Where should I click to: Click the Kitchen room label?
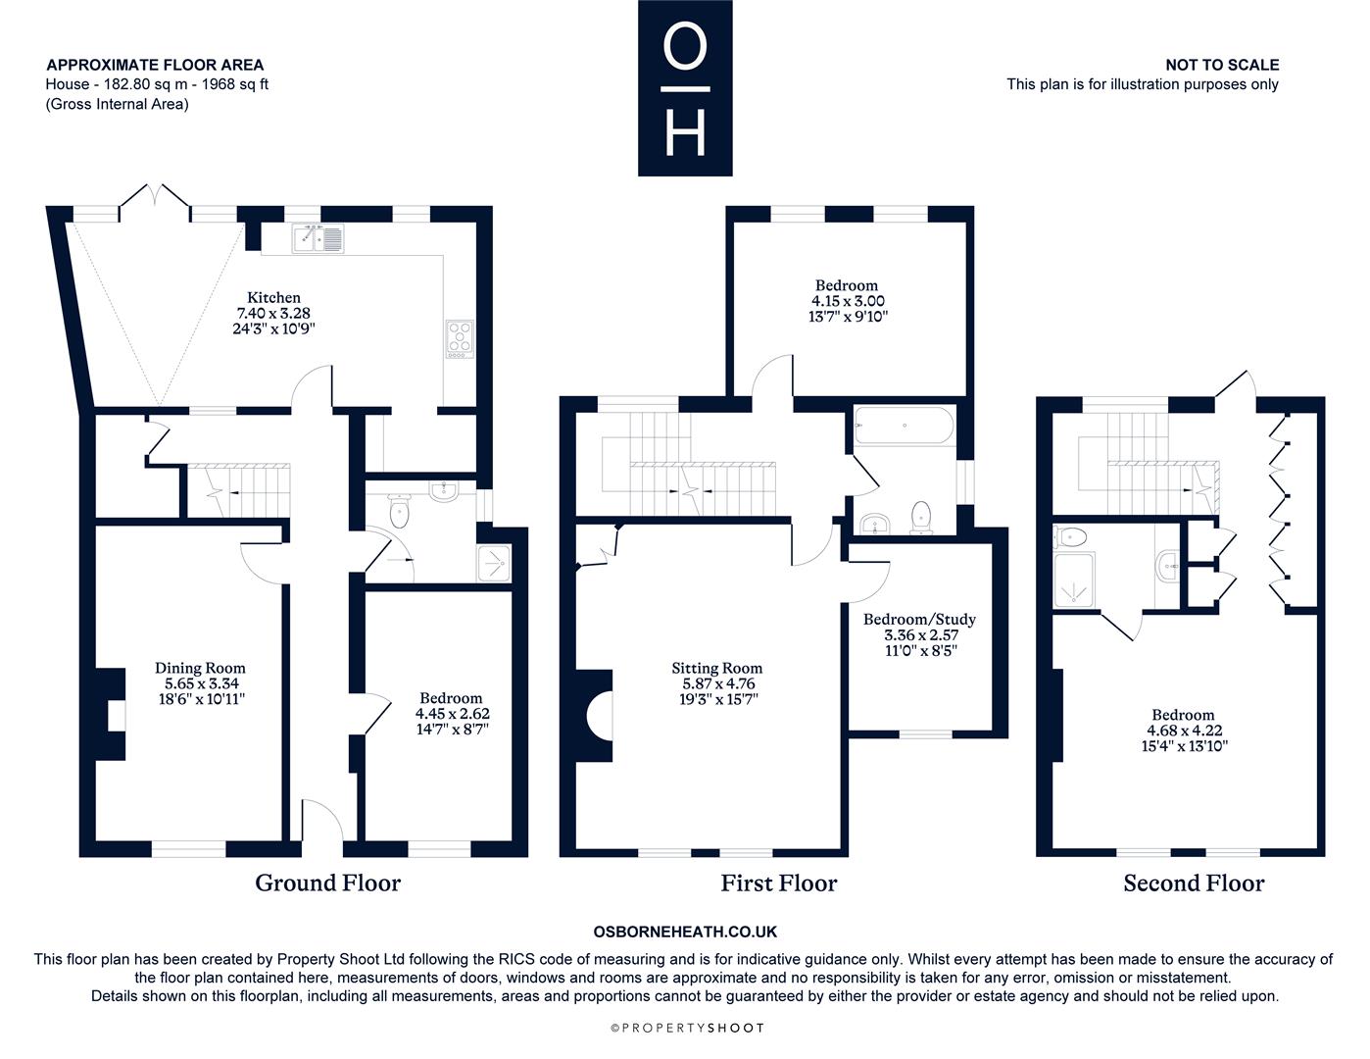pyautogui.click(x=273, y=298)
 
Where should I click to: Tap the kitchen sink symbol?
pyautogui.click(x=318, y=239)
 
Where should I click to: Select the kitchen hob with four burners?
pyautogui.click(x=460, y=339)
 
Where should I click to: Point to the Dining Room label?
pyautogui.click(x=200, y=668)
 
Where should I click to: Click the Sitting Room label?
pyautogui.click(x=716, y=668)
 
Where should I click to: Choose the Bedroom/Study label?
pyautogui.click(x=919, y=620)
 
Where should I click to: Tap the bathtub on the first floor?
pyautogui.click(x=905, y=427)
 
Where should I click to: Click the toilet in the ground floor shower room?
pyautogui.click(x=399, y=512)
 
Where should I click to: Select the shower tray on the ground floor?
pyautogui.click(x=494, y=563)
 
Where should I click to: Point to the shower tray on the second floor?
pyautogui.click(x=1075, y=580)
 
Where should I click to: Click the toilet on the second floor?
pyautogui.click(x=1070, y=537)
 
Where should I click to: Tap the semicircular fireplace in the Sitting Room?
pyautogui.click(x=600, y=716)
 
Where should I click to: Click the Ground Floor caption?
pyautogui.click(x=328, y=883)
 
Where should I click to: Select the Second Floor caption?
pyautogui.click(x=1195, y=883)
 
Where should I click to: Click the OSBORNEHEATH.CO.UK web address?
pyautogui.click(x=685, y=932)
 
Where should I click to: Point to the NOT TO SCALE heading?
pyautogui.click(x=1222, y=65)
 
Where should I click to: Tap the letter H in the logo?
pyautogui.click(x=685, y=133)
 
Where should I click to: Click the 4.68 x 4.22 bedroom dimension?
pyautogui.click(x=1184, y=731)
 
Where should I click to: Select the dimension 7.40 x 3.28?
pyautogui.click(x=273, y=313)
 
